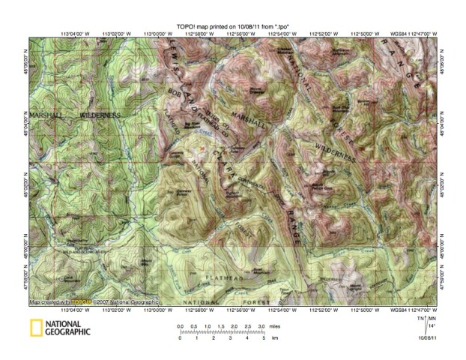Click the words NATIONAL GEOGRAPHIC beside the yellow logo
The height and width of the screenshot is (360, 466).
point(66,328)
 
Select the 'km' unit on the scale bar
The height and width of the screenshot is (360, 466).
point(274,339)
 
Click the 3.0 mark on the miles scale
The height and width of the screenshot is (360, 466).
point(261,327)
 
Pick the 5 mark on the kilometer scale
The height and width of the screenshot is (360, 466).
point(264,339)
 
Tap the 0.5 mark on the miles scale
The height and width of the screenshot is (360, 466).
point(193,327)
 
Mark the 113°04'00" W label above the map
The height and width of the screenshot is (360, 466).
point(74,34)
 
